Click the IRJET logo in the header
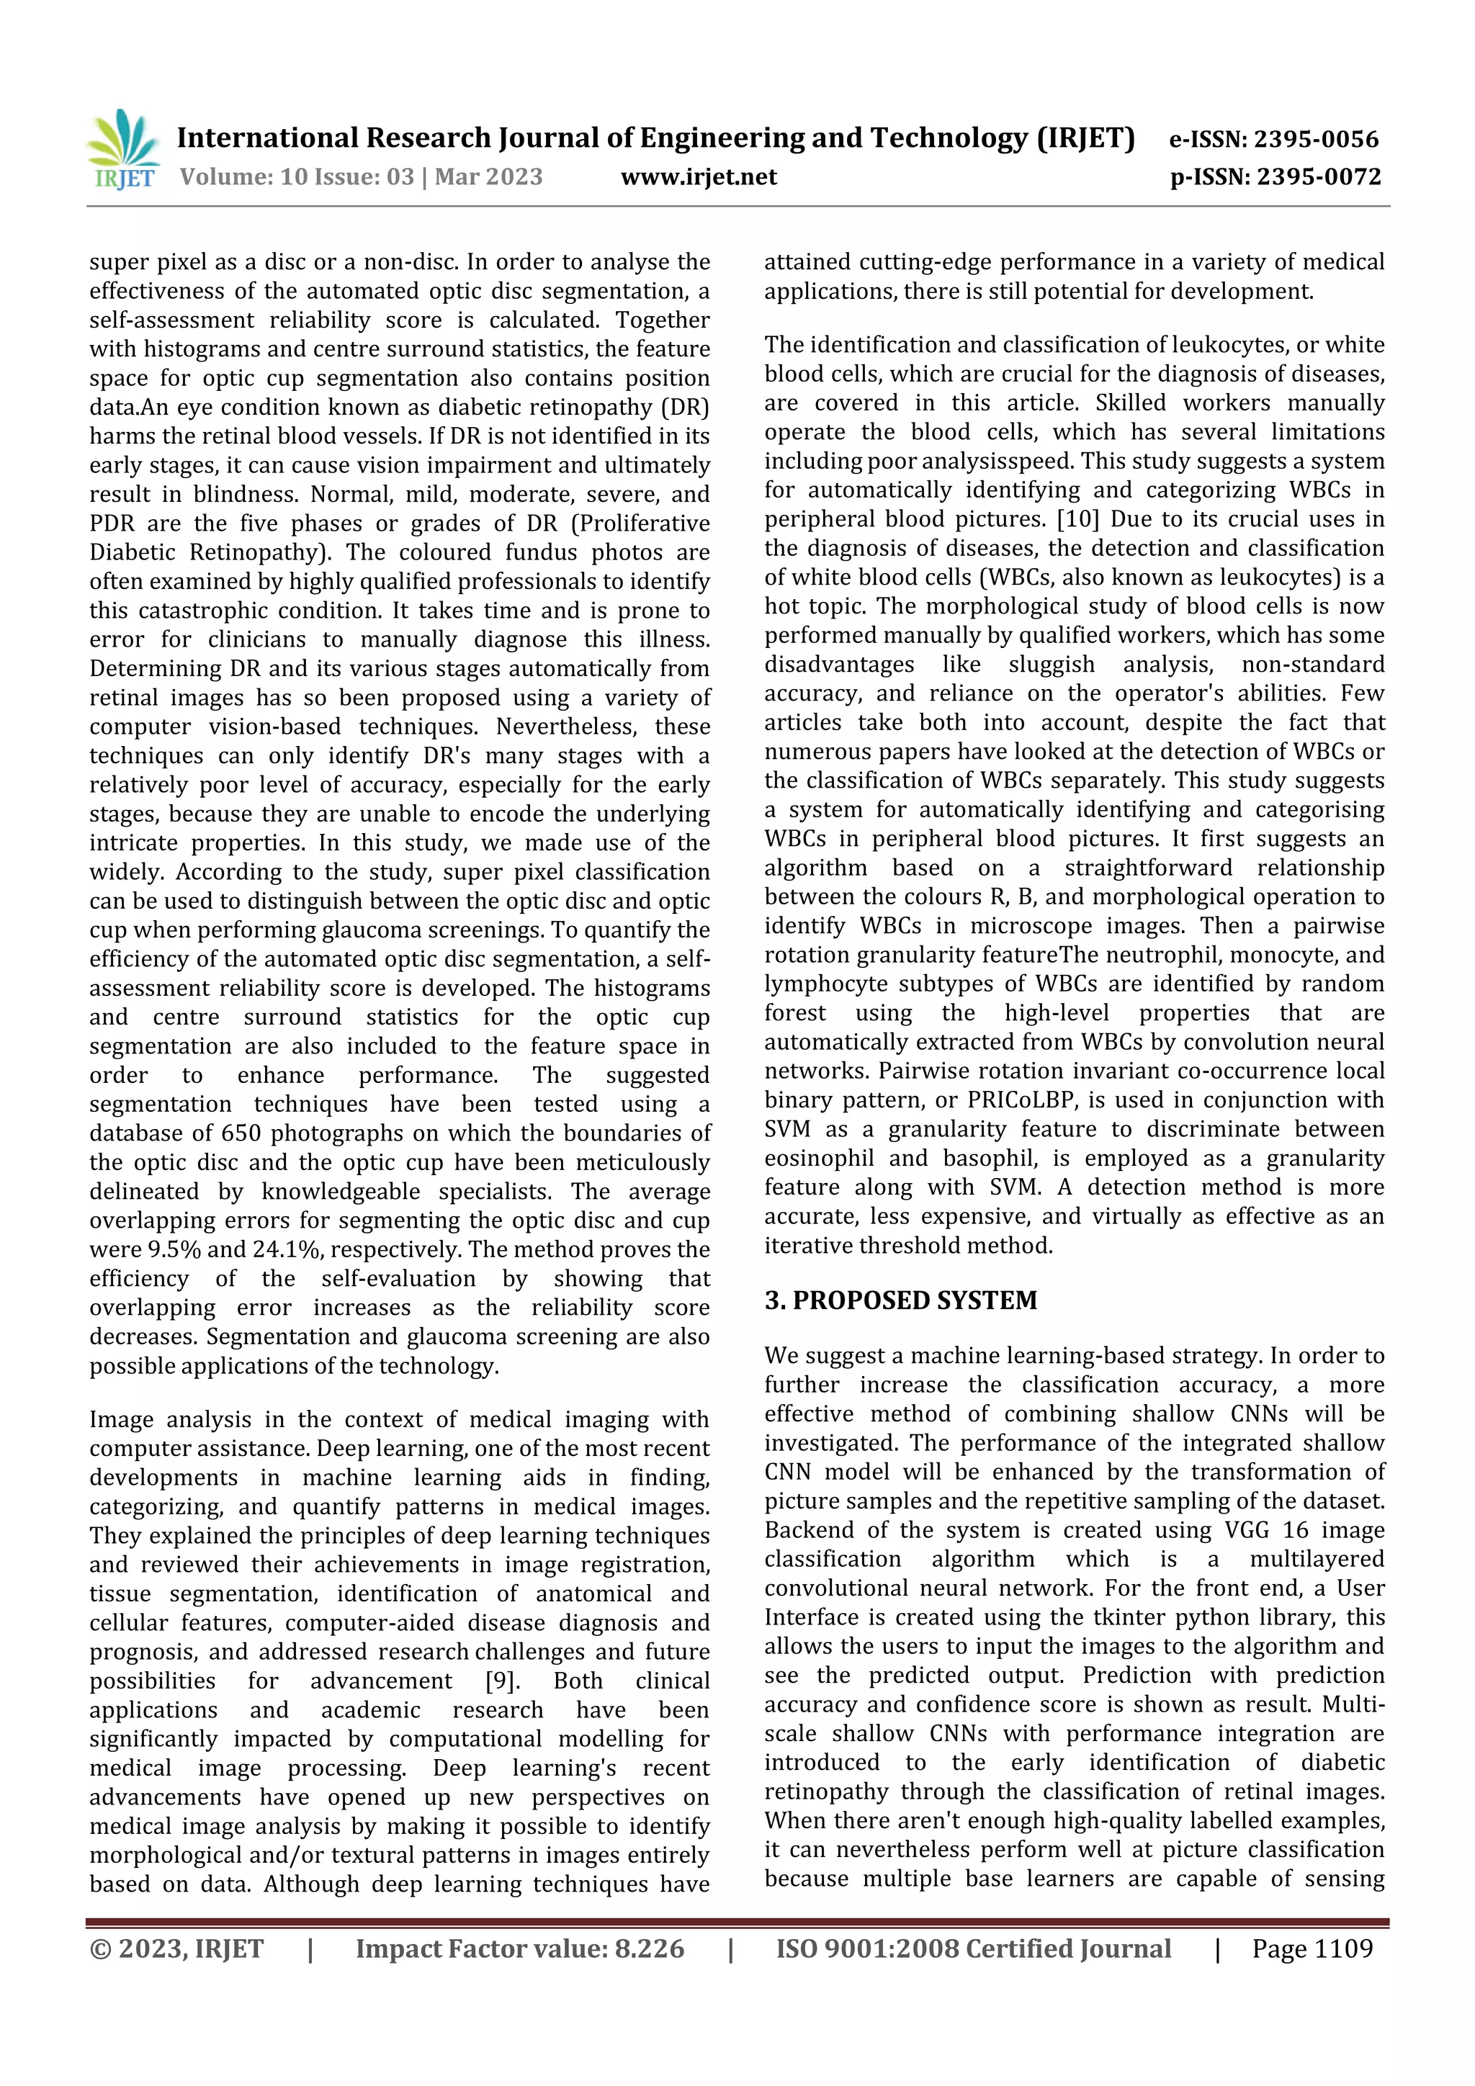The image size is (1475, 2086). click(122, 150)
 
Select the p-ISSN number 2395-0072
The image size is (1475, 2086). click(1318, 177)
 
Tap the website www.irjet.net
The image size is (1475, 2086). click(698, 177)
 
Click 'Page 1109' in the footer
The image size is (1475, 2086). click(1312, 1948)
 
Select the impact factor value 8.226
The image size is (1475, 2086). click(649, 1948)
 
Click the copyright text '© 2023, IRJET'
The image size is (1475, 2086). click(176, 1948)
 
